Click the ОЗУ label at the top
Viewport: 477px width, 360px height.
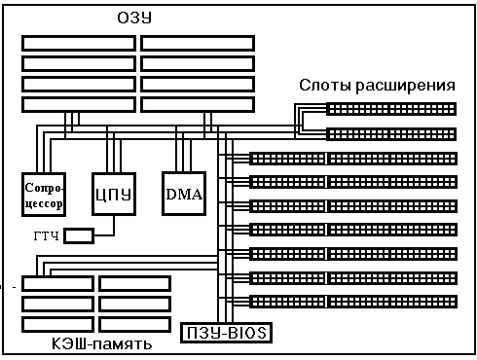point(134,18)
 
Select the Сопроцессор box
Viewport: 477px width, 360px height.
point(44,195)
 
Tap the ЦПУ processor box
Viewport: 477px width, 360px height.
point(114,194)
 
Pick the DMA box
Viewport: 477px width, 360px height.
point(184,194)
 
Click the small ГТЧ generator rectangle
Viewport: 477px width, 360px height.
point(79,235)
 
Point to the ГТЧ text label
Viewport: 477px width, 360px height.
point(47,235)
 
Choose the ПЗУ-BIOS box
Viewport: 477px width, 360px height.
point(226,333)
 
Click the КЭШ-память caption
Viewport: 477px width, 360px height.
point(102,344)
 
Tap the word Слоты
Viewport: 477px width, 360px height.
point(325,86)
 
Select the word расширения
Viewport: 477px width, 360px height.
point(405,87)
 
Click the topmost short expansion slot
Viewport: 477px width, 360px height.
point(391,109)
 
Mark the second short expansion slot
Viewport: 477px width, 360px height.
point(391,134)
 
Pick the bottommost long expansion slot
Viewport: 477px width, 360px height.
point(353,302)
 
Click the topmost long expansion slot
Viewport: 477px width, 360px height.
point(353,159)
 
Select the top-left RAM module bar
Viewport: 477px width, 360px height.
point(79,44)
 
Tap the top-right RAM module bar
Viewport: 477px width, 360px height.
point(198,44)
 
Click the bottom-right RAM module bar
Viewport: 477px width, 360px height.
point(198,105)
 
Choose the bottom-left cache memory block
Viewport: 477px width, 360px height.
point(57,325)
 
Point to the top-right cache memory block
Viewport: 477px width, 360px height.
point(134,284)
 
